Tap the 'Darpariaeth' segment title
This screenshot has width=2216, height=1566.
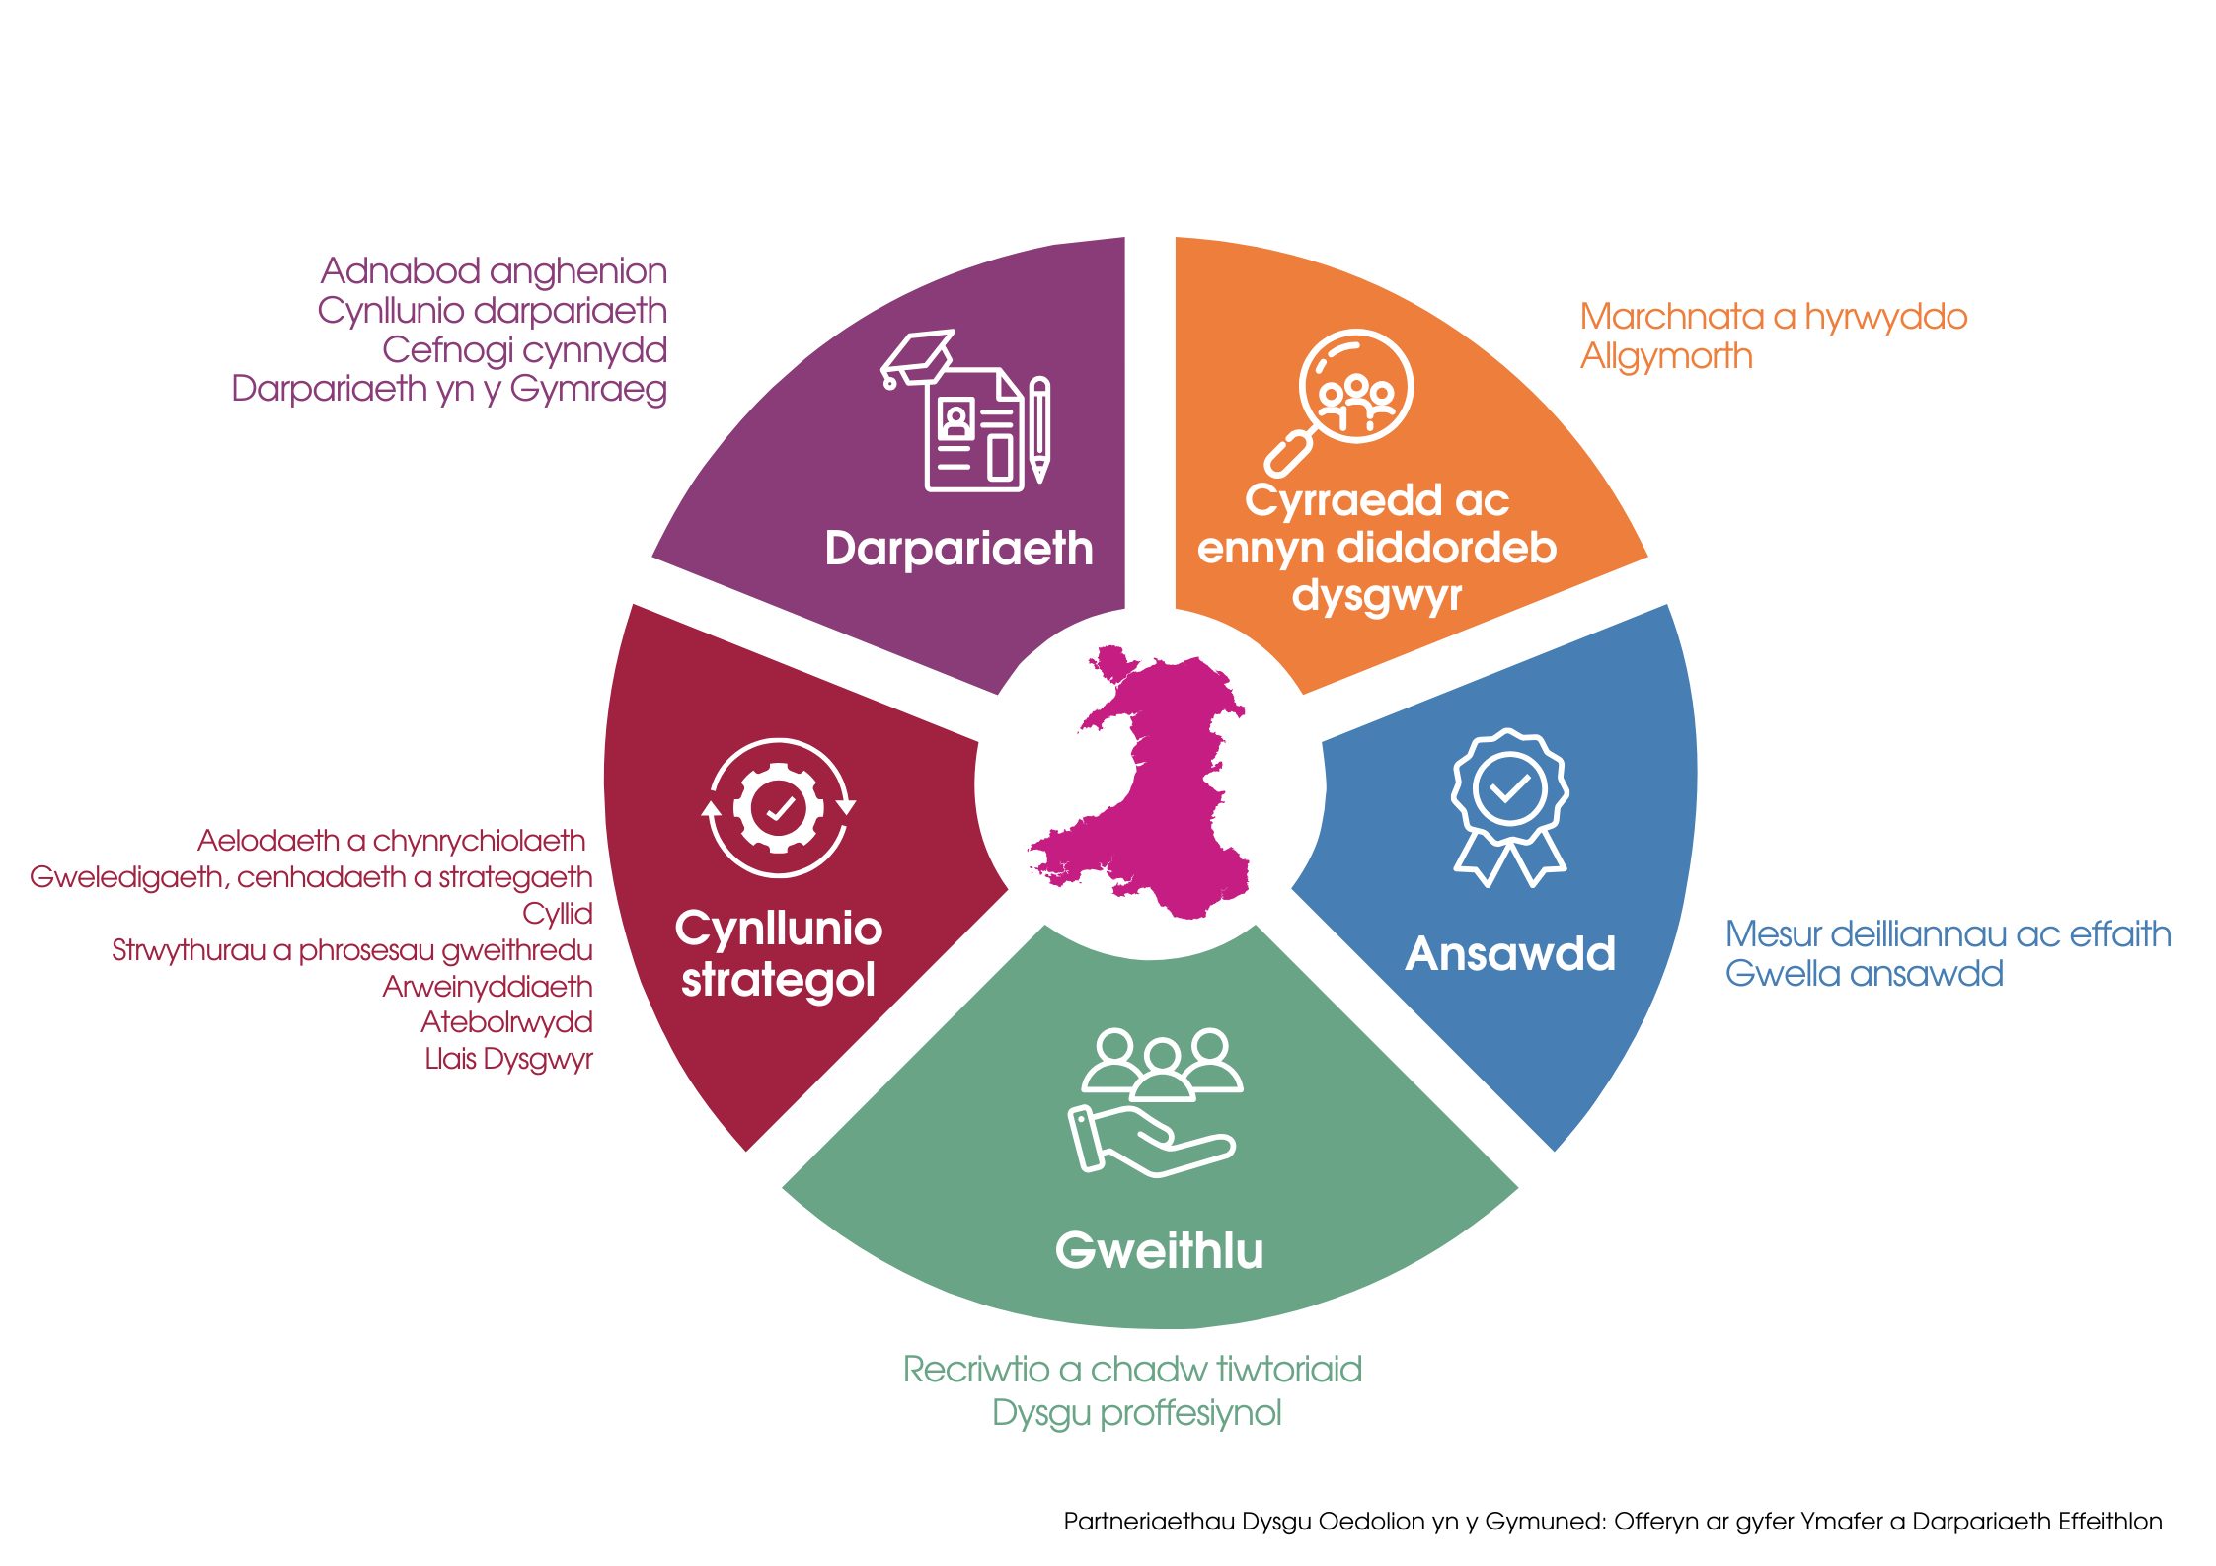pos(958,549)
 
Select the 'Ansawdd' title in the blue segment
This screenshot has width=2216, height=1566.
pos(1510,954)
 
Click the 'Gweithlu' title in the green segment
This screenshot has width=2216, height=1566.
pos(1159,1251)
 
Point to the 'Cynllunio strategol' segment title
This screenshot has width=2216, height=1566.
pos(778,954)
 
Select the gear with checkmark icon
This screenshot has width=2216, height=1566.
pos(779,808)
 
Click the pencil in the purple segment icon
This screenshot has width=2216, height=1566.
pos(1039,429)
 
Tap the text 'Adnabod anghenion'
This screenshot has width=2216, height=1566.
pos(494,271)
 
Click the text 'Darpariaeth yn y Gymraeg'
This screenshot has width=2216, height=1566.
pos(449,390)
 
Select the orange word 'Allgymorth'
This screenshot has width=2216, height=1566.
pos(1666,356)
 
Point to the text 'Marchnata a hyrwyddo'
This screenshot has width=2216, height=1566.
pos(1773,317)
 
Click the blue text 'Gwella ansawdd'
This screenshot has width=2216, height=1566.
pos(1864,974)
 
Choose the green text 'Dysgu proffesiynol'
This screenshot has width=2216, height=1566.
pos(1136,1413)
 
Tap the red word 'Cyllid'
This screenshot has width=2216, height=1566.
pos(558,914)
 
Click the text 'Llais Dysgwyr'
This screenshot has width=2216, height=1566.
pos(508,1059)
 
